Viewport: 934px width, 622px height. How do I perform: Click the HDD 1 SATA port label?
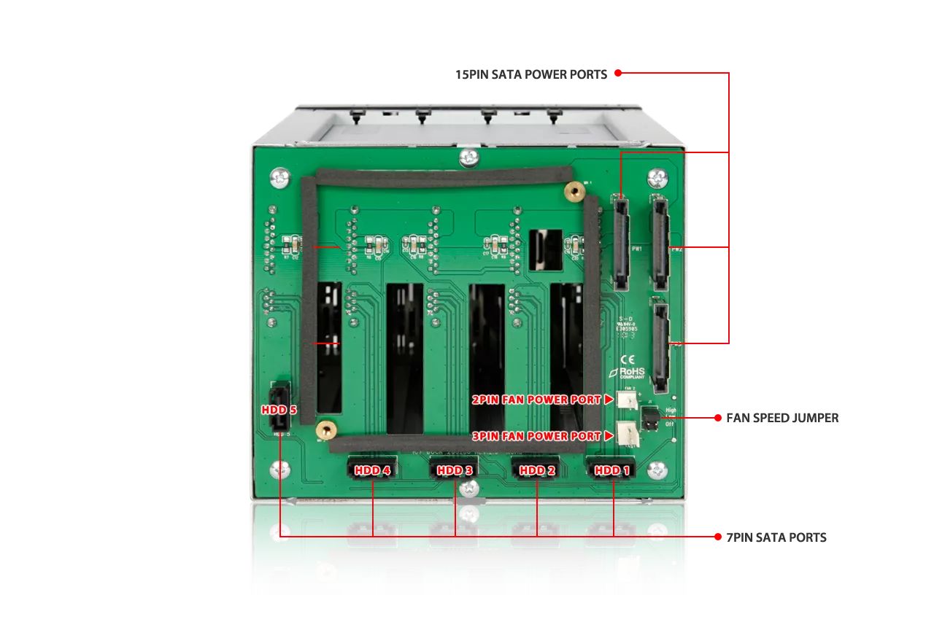611,470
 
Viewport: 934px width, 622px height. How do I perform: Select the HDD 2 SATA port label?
537,470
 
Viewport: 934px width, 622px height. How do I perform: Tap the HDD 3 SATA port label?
455,470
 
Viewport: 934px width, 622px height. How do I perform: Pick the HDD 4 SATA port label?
372,470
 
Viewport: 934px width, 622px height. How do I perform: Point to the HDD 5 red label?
279,410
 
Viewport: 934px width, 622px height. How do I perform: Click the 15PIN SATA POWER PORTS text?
531,74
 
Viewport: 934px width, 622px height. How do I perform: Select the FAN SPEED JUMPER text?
782,418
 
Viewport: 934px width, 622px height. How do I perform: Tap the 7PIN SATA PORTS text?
776,537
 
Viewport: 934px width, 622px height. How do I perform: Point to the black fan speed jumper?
649,418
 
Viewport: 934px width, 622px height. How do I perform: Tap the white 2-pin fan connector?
626,399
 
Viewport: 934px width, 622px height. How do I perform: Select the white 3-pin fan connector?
626,435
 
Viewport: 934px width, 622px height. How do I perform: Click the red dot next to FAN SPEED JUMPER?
717,418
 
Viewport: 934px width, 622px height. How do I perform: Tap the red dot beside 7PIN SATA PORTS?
717,537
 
